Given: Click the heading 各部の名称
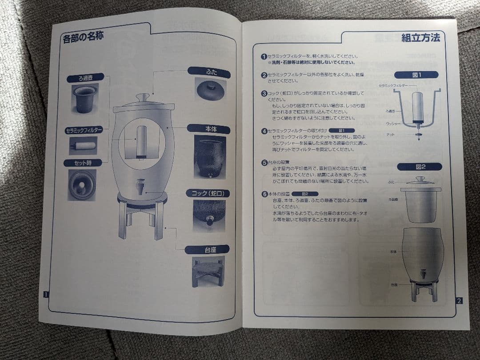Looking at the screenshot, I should click(x=83, y=37).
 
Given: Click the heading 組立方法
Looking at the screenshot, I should click(x=420, y=37).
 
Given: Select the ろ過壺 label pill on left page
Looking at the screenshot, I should click(x=86, y=78).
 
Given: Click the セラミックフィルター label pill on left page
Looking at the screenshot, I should click(x=84, y=130).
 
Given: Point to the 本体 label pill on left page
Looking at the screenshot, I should click(x=209, y=129).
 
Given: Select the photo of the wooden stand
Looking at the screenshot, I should click(x=208, y=271).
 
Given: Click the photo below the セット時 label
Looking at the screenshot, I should click(x=82, y=184).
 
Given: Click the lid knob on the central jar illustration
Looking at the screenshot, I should click(x=142, y=96).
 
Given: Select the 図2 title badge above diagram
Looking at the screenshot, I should click(x=420, y=167).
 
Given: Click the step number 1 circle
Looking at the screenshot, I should click(x=264, y=57).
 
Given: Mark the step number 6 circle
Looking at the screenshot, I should click(x=264, y=195).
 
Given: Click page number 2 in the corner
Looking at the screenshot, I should click(x=459, y=300).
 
